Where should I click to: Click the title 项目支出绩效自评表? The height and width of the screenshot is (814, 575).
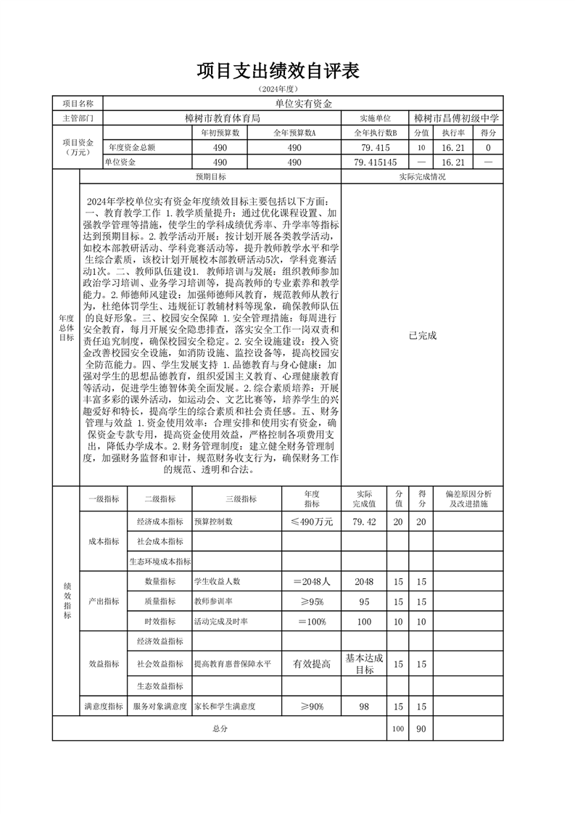pos(278,71)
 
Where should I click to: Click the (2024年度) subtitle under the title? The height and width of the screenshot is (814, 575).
pos(278,89)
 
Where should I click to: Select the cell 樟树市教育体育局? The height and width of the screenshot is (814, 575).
pos(222,118)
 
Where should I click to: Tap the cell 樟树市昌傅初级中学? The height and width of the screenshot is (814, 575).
pos(457,118)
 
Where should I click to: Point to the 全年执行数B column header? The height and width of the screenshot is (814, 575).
pos(376,133)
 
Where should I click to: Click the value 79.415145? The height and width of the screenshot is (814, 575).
pos(376,163)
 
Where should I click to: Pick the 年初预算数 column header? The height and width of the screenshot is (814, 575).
pos(220,133)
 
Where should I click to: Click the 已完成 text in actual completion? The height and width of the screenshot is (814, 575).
pos(423,335)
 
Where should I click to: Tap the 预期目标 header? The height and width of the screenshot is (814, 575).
pos(210,177)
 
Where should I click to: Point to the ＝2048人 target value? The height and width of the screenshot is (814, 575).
pos(312,581)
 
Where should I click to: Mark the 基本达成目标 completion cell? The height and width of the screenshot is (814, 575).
pos(364,664)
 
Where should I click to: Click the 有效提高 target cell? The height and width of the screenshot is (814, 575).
pos(312,664)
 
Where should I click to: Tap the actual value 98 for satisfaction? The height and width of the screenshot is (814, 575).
pos(364,706)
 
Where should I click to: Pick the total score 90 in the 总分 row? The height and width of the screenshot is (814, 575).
pos(421,728)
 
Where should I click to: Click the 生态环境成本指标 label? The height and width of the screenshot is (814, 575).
pos(160,562)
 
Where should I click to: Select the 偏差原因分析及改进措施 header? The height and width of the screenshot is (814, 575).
pos(468,498)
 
